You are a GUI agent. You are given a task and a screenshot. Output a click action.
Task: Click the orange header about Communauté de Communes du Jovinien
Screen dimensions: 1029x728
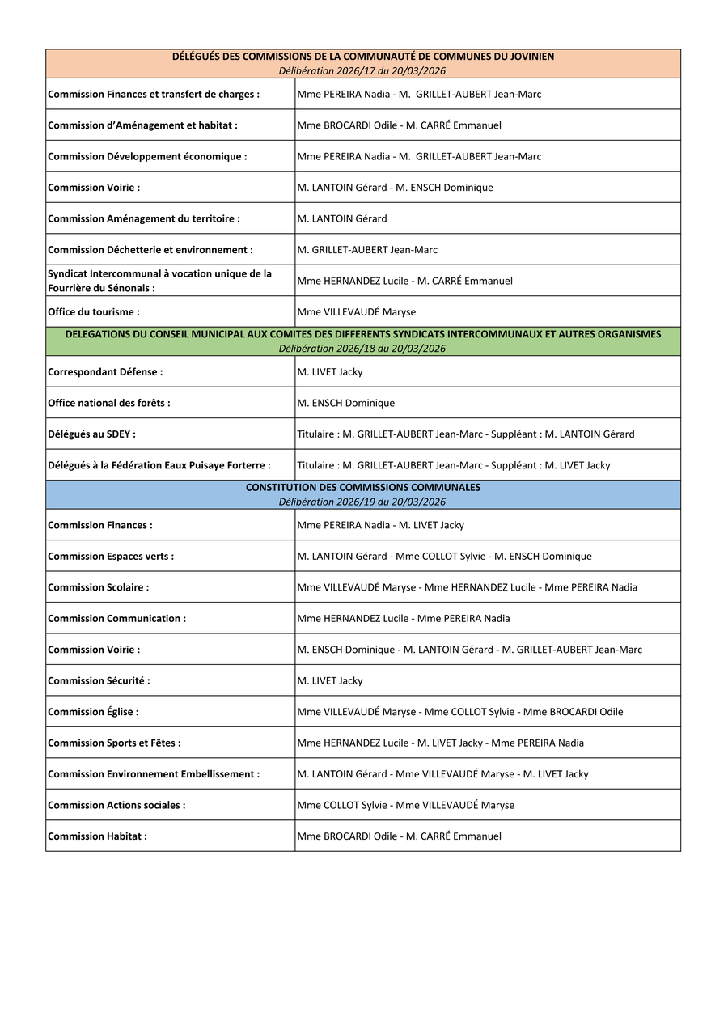click(363, 57)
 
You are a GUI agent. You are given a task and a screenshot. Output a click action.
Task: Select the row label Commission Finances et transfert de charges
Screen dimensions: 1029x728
click(154, 95)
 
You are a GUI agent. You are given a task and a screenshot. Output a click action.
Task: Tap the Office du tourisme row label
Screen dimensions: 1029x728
click(94, 312)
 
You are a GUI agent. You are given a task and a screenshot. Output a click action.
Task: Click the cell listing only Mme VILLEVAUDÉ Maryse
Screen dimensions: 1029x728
click(357, 312)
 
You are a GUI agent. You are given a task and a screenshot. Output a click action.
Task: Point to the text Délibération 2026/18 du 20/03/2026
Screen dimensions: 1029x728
click(362, 349)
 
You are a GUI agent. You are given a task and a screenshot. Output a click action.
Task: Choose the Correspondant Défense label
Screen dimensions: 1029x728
click(105, 372)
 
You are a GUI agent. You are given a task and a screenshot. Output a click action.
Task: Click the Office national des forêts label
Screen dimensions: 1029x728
click(109, 403)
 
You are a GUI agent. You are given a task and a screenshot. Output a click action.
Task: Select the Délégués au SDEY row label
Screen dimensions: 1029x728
click(92, 434)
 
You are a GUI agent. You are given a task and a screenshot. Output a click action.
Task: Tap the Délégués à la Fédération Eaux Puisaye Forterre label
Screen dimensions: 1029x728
click(159, 465)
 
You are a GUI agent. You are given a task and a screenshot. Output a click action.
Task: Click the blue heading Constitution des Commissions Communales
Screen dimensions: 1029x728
click(363, 488)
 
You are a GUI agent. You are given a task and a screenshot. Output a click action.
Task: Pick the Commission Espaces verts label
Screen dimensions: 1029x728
click(111, 557)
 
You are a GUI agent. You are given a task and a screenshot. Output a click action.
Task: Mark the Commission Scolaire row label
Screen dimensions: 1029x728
click(99, 587)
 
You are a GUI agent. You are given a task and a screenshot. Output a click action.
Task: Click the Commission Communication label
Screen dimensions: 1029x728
click(117, 619)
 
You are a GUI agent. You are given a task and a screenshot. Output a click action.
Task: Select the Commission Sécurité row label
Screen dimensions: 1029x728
click(99, 681)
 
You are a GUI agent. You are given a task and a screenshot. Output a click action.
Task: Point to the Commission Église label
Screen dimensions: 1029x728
click(93, 712)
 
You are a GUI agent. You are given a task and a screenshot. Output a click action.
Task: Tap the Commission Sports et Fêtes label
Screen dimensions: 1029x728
click(114, 743)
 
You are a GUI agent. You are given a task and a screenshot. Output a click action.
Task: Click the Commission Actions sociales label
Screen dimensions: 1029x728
click(116, 806)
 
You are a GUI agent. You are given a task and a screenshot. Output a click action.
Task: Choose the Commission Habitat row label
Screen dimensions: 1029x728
click(98, 836)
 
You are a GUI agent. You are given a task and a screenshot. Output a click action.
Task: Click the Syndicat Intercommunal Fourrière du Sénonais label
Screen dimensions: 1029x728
click(160, 281)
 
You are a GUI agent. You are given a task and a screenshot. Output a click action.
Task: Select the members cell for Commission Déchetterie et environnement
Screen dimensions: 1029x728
click(367, 250)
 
